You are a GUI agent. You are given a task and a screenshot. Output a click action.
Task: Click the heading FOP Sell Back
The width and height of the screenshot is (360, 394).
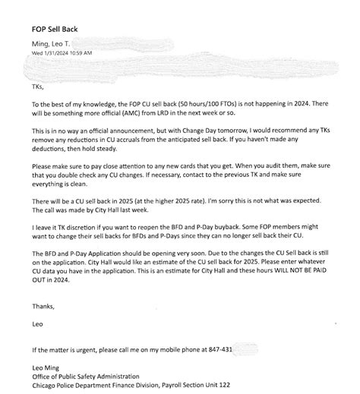(55, 29)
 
